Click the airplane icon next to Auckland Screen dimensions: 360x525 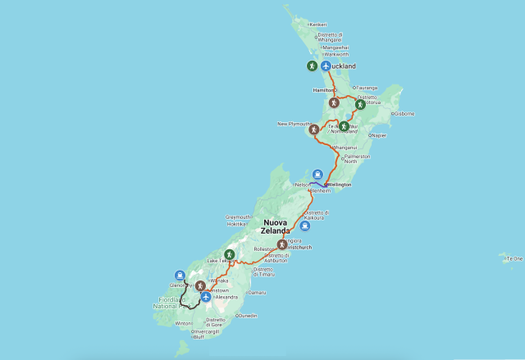click(326, 66)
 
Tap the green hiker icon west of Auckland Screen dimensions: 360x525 click(312, 66)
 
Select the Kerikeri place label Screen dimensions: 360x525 click(317, 25)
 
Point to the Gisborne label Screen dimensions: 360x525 click(404, 113)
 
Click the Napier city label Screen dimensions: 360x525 click(380, 135)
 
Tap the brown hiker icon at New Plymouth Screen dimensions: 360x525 click(313, 130)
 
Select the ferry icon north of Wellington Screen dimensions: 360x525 click(317, 174)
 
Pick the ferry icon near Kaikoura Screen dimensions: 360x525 click(304, 226)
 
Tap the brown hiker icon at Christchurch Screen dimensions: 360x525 click(282, 244)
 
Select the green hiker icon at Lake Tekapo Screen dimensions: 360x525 click(231, 255)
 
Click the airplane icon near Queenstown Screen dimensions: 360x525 click(205, 297)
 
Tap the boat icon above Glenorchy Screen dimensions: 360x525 click(180, 275)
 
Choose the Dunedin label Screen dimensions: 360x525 click(246, 316)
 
